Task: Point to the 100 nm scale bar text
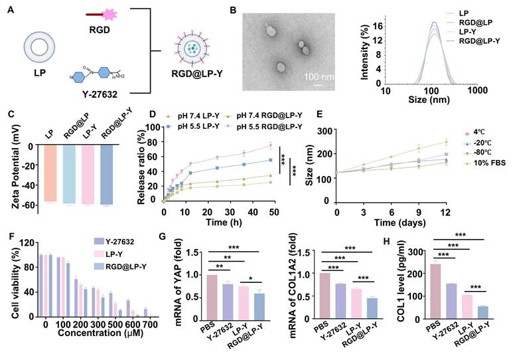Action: click(x=319, y=75)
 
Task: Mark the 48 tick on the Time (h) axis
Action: click(x=270, y=212)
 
